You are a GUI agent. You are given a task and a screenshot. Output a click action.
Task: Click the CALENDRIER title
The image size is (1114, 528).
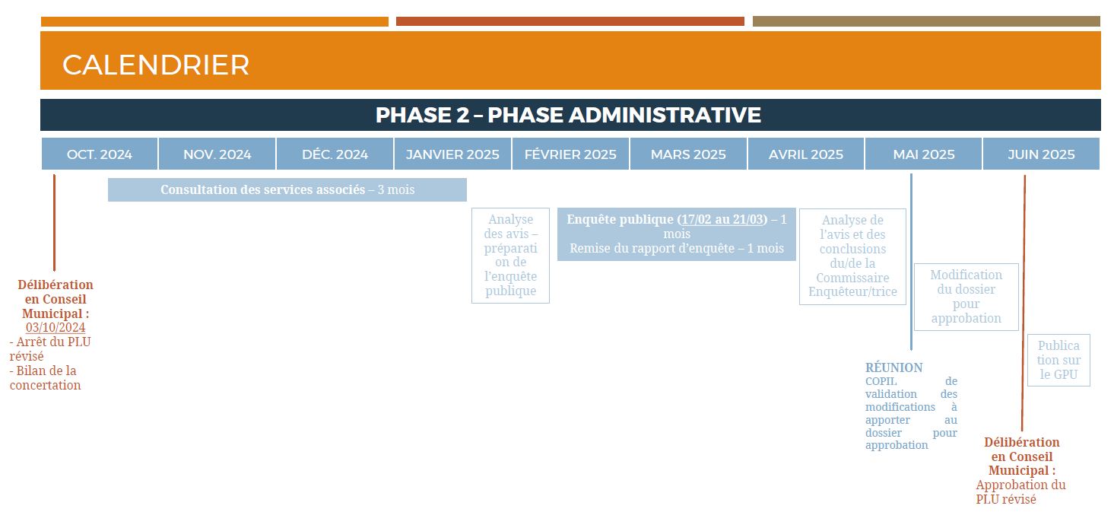155,65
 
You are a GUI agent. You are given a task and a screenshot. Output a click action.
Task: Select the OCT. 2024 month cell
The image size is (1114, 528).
100,154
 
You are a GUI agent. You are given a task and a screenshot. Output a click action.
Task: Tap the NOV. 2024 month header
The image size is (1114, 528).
217,154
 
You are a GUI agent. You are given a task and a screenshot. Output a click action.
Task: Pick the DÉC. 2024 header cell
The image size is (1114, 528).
335,154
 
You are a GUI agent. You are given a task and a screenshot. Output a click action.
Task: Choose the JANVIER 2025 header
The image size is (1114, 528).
452,154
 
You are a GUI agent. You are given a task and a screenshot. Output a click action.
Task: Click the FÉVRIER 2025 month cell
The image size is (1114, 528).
570,154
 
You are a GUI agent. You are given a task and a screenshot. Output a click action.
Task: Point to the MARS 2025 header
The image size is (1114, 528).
688,154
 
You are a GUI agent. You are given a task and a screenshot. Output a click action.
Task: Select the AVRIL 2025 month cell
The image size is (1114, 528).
806,154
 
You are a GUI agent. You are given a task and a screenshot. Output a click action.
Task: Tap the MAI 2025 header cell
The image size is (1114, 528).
924,154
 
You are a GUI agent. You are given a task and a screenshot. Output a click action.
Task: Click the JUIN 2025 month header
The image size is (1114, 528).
1042,154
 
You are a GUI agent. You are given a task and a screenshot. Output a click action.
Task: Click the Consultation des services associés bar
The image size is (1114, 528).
287,189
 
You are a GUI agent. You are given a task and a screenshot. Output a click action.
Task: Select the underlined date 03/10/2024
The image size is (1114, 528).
56,327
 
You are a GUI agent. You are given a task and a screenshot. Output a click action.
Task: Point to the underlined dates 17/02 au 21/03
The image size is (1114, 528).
722,219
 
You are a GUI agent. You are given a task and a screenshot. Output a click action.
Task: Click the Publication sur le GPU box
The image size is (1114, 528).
1058,361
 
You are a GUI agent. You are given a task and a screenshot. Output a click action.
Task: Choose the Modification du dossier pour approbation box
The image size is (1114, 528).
966,297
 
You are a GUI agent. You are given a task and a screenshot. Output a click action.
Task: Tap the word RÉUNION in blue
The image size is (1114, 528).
893,367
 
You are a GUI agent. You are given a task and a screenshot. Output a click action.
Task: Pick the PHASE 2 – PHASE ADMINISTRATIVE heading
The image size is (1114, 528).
568,115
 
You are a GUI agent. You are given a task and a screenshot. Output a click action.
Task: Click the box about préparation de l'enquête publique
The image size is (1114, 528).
511,256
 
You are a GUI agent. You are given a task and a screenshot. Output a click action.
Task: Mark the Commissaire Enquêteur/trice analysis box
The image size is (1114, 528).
853,256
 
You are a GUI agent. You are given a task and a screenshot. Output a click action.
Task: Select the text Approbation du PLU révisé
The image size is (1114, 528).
1020,492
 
